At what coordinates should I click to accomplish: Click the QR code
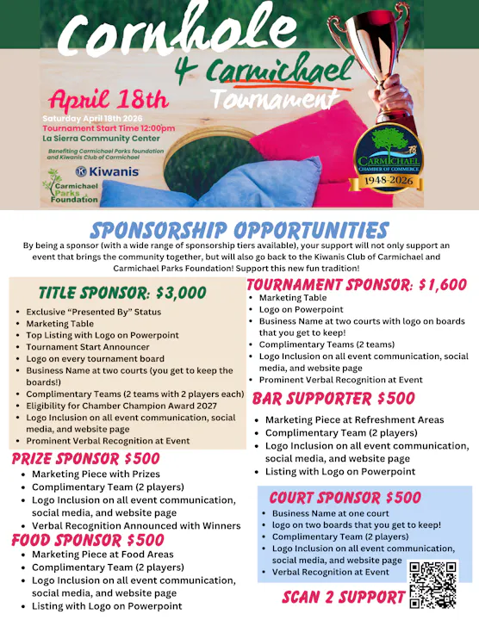coord(433,584)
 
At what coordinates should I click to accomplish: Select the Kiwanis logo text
coord(106,171)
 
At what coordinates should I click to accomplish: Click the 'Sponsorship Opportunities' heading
coord(239,230)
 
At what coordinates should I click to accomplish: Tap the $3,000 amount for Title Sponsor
coord(177,293)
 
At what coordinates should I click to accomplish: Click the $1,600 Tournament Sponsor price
coord(435,285)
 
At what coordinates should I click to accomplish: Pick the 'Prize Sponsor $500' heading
coord(85,458)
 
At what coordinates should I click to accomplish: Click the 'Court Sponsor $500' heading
coord(345,498)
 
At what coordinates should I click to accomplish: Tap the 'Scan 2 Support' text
coord(344,597)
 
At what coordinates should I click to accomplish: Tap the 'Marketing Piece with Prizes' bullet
coord(96,474)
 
